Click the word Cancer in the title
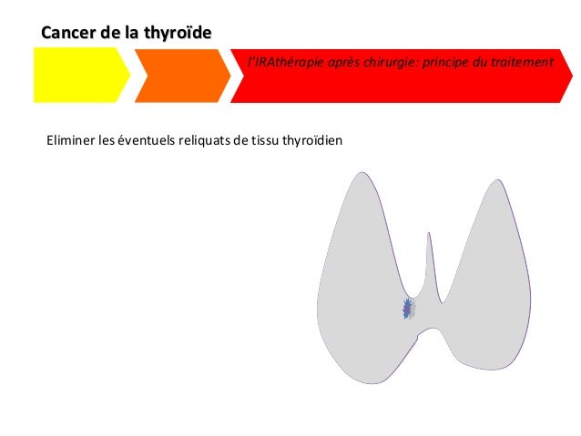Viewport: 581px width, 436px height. click(x=66, y=33)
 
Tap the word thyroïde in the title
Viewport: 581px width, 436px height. click(x=177, y=33)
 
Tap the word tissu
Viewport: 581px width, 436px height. click(x=265, y=141)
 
